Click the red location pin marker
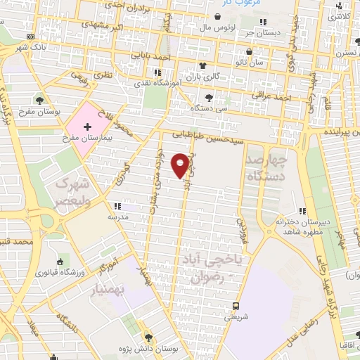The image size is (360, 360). (181, 165)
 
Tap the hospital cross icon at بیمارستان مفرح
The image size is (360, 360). (87, 127)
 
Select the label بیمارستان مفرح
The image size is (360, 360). (87, 139)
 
